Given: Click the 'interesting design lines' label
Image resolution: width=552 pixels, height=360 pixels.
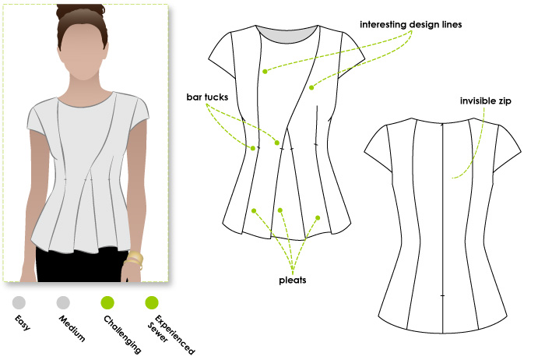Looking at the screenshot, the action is [410, 25].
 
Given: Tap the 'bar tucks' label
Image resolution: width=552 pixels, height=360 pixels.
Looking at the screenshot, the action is [207, 97].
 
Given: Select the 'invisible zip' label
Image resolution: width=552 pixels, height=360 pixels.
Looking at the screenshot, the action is [486, 101].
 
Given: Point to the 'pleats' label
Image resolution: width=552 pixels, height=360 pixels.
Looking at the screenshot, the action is [293, 281].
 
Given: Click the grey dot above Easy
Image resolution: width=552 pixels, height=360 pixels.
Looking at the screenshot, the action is [19, 302].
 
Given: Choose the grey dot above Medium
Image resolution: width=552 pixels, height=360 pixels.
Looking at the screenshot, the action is [63, 302].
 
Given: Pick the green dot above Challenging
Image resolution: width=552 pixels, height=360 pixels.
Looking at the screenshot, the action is [107, 302].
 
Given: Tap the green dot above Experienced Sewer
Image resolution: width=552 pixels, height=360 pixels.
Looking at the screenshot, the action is [152, 302].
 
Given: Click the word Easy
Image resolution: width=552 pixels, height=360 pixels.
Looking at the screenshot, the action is [23, 323].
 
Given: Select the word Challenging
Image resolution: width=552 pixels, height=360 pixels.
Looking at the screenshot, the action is [122, 334].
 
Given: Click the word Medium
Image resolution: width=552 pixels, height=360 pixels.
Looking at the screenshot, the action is [72, 329].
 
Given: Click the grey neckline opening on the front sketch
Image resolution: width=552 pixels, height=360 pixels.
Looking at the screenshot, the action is [287, 35].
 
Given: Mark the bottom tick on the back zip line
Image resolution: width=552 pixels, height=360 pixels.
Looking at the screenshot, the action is [442, 295].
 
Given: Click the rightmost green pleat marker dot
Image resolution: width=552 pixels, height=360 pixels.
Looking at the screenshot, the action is [318, 218].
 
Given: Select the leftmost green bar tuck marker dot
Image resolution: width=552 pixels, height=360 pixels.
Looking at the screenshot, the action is [253, 148].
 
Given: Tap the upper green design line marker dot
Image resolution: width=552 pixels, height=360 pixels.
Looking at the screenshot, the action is [265, 72].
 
